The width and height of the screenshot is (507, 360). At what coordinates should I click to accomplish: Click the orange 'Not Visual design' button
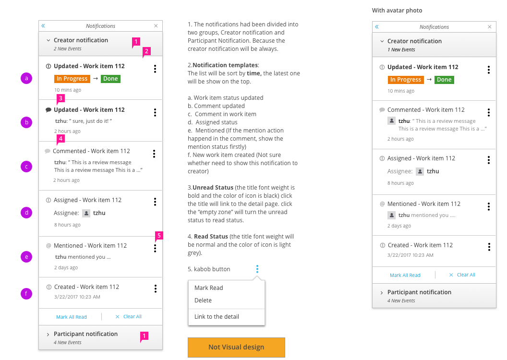[x=236, y=347]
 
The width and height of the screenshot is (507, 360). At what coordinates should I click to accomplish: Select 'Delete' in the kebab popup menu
[x=203, y=300]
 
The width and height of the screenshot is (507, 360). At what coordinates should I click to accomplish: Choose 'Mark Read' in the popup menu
[x=209, y=288]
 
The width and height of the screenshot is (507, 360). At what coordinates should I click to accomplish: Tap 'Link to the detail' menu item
[x=217, y=316]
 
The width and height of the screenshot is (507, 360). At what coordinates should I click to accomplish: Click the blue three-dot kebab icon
[x=257, y=269]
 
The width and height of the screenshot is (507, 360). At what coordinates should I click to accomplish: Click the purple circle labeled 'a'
[x=26, y=78]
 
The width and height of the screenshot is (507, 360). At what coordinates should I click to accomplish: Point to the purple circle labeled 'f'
[x=26, y=293]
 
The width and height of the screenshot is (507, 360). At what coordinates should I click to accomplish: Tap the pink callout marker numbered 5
[x=159, y=236]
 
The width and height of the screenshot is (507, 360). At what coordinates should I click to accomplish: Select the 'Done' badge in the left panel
[x=110, y=79]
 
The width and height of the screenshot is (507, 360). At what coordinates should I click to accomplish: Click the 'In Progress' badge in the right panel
[x=406, y=80]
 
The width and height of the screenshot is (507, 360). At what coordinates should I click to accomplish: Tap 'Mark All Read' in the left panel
[x=72, y=317]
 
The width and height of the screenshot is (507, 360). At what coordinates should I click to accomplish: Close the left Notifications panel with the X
[x=156, y=26]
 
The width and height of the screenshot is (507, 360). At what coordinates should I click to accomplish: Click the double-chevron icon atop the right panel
[x=377, y=27]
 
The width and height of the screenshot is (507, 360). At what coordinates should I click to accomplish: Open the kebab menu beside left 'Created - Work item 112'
[x=156, y=288]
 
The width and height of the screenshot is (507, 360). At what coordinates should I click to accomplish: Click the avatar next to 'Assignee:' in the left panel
[x=86, y=213]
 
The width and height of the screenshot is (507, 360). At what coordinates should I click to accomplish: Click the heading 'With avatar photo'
[x=397, y=11]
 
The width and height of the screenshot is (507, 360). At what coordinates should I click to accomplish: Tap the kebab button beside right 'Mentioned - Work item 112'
[x=489, y=206]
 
